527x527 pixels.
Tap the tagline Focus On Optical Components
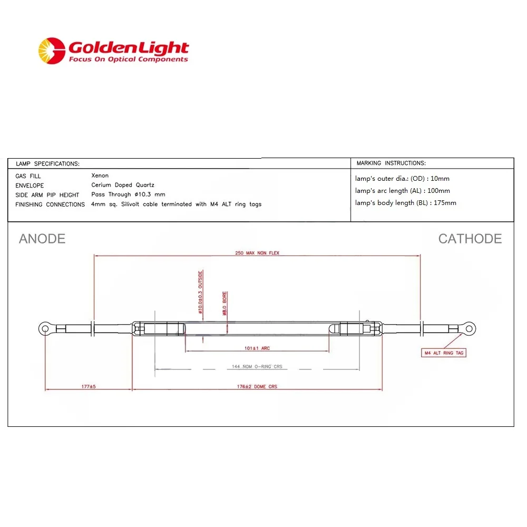[x=128, y=60]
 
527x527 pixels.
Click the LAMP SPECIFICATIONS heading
[x=48, y=164]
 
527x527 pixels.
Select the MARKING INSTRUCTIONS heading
[x=391, y=163]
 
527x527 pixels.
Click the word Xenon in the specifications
[x=100, y=175]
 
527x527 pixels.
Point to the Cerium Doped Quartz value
[x=122, y=185]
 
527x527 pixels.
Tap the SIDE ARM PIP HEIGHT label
[x=47, y=194]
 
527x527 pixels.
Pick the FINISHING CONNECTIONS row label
[x=50, y=204]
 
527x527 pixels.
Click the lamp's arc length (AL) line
[x=402, y=191]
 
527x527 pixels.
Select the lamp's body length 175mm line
[x=405, y=203]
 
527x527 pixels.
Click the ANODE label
[x=42, y=239]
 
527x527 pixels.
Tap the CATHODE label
[x=470, y=239]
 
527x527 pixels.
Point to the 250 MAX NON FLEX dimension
[x=257, y=253]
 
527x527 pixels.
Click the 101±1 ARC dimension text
[x=257, y=348]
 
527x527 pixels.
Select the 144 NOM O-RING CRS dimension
[x=257, y=367]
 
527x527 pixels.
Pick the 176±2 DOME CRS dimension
[x=257, y=386]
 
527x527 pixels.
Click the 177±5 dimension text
[x=88, y=386]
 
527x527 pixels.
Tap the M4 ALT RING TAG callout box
[x=444, y=353]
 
